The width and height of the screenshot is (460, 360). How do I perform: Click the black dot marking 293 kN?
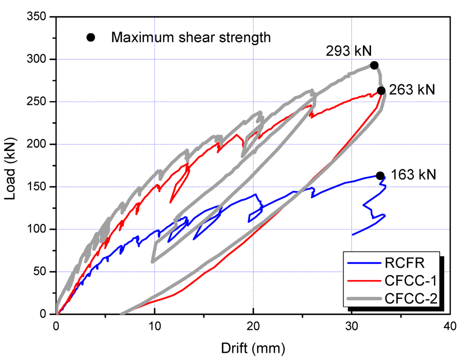click(374, 66)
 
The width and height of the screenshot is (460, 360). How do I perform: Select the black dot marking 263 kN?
click(381, 91)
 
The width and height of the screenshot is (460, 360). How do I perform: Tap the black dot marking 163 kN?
click(380, 176)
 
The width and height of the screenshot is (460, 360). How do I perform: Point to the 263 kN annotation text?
click(412, 90)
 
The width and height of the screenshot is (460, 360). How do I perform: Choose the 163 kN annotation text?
click(413, 174)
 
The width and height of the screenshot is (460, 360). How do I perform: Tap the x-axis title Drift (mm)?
click(252, 347)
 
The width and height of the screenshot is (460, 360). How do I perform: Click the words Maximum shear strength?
click(191, 37)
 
